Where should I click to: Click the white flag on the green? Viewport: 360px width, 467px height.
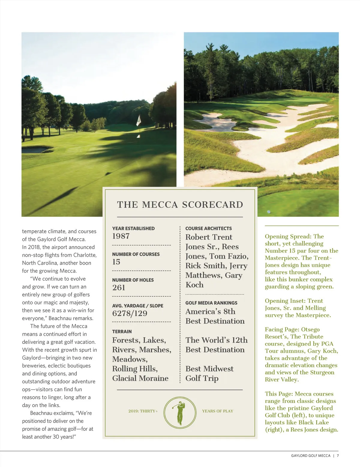pos(139,120)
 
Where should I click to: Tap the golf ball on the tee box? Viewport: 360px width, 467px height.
pos(269,212)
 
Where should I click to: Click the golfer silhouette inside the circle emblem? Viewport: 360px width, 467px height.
pos(180,413)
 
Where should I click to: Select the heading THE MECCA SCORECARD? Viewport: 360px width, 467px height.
pos(180,205)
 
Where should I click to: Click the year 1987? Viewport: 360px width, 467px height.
pos(121,236)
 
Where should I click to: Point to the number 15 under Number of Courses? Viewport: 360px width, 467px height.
pos(116,262)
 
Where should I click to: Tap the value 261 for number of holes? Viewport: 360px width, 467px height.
pos(118,288)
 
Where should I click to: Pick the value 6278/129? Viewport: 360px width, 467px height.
pos(130,314)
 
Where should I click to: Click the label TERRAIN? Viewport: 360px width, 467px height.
pos(122,332)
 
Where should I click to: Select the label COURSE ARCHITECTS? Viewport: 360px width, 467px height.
pos(208,228)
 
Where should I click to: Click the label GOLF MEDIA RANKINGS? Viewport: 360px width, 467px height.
pos(211,303)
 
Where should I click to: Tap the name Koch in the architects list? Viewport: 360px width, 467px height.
pos(194,285)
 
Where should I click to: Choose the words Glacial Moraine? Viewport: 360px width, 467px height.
pos(140,378)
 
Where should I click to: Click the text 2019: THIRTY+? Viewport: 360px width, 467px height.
pos(143,411)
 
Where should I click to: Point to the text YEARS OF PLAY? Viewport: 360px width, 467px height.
pos(217,411)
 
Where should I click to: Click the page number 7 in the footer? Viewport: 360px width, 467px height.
pos(338,456)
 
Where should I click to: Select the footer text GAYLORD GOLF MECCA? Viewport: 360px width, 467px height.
pos(310,456)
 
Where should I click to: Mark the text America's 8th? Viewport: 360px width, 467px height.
pos(210,312)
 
